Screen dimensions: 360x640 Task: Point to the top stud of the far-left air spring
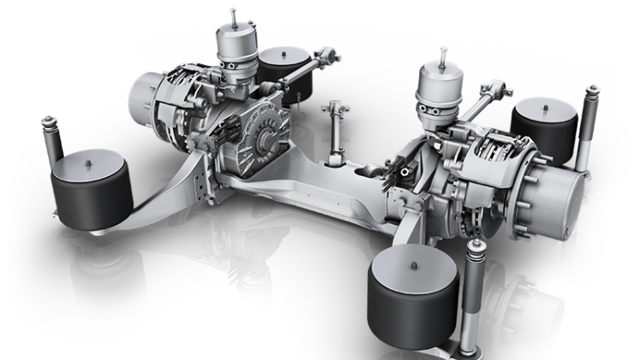(88, 156)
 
